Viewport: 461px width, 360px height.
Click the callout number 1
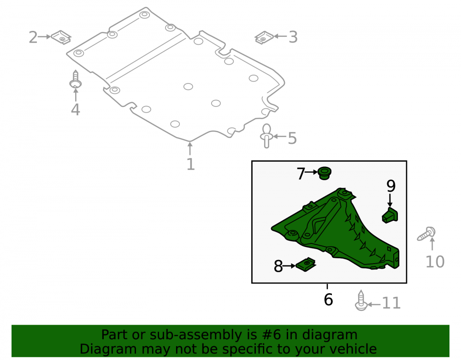[190, 164]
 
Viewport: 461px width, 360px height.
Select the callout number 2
[33, 37]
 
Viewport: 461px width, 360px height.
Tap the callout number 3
[293, 37]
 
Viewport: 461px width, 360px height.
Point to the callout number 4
[76, 109]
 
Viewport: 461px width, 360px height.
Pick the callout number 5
[292, 138]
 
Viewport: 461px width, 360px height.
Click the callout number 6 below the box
[328, 300]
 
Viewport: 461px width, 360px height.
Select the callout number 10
[435, 261]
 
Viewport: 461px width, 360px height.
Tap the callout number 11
[391, 303]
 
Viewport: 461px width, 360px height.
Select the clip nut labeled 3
[264, 38]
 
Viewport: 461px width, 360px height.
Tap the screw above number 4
[76, 79]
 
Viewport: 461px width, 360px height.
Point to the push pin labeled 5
[266, 136]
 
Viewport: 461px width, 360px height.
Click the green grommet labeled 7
[325, 173]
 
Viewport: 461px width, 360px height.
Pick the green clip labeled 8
[306, 265]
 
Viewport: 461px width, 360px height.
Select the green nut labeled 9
[390, 215]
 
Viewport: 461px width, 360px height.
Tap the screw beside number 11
[361, 301]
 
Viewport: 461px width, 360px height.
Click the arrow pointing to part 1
[190, 148]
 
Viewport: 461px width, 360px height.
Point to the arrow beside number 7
[311, 172]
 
